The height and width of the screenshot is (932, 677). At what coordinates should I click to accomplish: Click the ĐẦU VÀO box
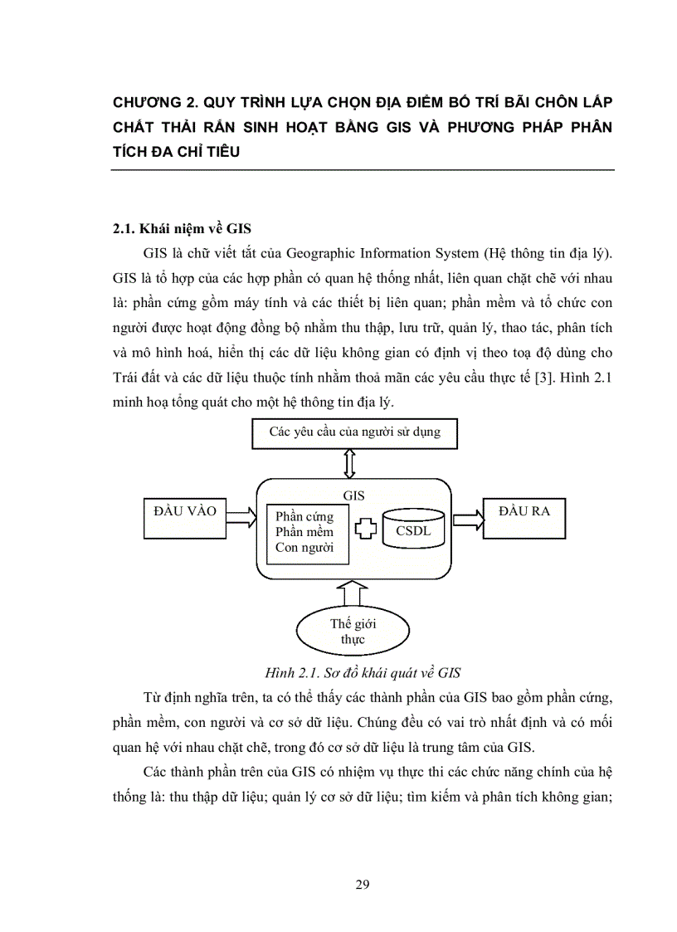point(185,517)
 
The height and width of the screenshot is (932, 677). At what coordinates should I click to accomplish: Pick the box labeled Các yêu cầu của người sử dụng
point(354,432)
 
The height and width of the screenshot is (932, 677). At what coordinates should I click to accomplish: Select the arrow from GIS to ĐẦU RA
point(467,518)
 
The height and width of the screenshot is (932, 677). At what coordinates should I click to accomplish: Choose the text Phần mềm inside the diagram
point(304,532)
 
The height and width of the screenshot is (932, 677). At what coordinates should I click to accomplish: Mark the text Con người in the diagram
point(304,548)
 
